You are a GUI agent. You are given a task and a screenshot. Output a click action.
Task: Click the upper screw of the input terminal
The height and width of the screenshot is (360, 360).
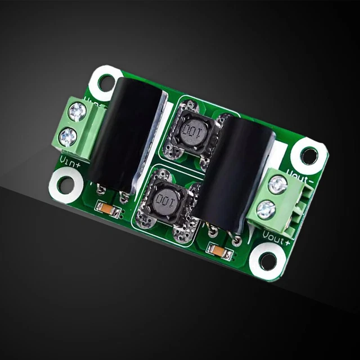[76, 112]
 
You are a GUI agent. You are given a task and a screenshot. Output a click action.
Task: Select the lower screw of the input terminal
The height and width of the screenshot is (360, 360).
[68, 136]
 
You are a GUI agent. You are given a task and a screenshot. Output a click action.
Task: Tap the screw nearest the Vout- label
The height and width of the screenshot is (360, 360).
[277, 184]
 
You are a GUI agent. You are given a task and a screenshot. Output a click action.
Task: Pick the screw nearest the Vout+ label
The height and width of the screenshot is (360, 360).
[266, 210]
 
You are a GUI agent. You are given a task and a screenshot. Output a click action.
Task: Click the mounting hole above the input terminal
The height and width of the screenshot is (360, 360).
[106, 82]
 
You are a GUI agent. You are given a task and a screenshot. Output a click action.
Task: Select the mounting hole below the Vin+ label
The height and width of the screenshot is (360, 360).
[66, 183]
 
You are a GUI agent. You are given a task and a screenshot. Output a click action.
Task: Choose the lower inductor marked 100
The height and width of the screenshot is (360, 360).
[167, 201]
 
